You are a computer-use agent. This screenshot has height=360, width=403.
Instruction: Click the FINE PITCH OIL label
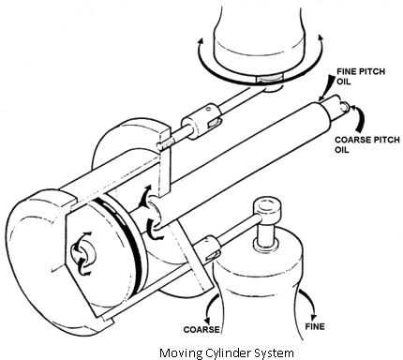[x=361, y=77]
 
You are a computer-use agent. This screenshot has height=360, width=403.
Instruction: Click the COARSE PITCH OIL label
[x=367, y=144]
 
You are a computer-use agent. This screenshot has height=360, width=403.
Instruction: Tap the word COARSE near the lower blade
[x=201, y=329]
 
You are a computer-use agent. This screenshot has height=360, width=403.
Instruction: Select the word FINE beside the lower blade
[x=315, y=326]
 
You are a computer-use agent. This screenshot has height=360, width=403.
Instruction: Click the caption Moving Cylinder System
[x=227, y=352]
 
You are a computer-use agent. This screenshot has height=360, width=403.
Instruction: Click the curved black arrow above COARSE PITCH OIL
[x=358, y=118]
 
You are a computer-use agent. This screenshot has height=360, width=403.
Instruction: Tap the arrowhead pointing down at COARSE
[x=206, y=321]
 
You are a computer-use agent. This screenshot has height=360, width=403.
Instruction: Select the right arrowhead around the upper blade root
[x=320, y=37]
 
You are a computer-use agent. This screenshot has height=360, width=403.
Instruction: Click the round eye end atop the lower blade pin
[x=267, y=206]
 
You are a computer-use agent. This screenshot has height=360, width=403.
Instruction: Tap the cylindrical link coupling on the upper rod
[x=201, y=121]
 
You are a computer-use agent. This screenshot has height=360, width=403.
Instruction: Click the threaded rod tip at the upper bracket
[x=165, y=144]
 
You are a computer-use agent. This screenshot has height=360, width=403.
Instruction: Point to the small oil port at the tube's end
[x=343, y=106]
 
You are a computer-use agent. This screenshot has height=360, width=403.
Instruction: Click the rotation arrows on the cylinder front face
[x=82, y=253]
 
